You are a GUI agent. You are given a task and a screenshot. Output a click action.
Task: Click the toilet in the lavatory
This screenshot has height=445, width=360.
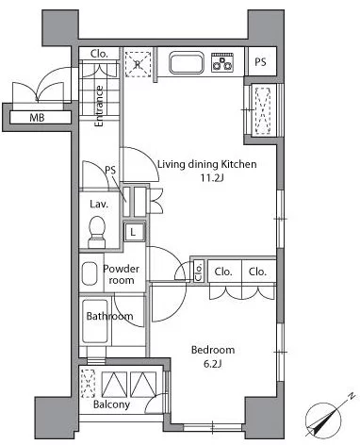pos(97,232)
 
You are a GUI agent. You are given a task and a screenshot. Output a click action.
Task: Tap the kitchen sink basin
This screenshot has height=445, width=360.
pos(187,63)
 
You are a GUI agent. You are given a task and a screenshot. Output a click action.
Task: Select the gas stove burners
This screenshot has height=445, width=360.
pos(222,62)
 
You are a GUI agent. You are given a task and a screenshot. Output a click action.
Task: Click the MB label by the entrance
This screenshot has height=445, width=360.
pos(37,118)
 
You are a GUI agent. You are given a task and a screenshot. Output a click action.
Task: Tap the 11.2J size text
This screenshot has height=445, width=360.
pos(212,178)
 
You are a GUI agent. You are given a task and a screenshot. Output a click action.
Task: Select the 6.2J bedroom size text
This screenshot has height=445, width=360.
pos(213,364)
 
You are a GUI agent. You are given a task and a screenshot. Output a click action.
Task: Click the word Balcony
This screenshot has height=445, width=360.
pos(111,404)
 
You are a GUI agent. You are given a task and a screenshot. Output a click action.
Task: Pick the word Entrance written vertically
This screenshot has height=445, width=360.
pos(99,107)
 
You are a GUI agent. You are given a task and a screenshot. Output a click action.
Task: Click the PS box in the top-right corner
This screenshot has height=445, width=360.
pos(260,61)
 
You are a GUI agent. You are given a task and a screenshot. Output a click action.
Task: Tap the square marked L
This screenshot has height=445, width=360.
pos(134,232)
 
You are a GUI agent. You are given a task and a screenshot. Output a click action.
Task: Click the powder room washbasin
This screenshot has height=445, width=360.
pos(90,273)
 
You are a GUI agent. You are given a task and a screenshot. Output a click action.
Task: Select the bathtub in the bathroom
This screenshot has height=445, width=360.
pos(95,321)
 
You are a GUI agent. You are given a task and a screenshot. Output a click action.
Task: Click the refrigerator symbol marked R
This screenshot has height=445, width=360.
pos(138,64)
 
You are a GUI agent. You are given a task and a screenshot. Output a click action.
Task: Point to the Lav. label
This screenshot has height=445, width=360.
pos(99,205)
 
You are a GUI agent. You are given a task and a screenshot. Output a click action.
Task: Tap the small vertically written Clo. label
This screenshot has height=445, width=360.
pos(199,271)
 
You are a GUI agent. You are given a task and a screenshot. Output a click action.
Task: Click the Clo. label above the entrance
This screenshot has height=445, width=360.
pos(99,54)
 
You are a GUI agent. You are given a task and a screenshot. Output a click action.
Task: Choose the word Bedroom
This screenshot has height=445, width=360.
pos(213,350)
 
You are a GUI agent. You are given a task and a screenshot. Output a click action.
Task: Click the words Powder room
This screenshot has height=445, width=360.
pos(121,274)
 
